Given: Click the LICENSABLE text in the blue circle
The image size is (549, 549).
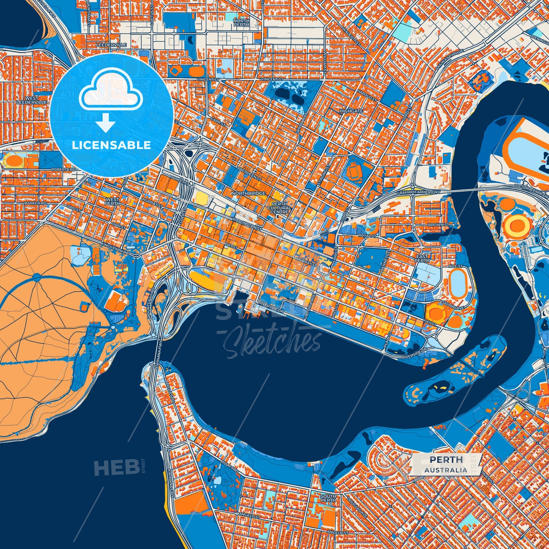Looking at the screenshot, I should click(x=111, y=145).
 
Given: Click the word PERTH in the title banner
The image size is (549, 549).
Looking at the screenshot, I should click(x=446, y=459).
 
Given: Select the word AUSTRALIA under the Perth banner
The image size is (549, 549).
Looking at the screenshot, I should click(x=446, y=470).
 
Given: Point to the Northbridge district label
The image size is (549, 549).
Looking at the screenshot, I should click(x=248, y=193).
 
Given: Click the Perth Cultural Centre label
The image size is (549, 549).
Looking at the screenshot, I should click(x=279, y=208).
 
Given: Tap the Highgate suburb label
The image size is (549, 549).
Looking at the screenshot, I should click(x=351, y=111).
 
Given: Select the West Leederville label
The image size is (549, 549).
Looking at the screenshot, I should click(x=32, y=100).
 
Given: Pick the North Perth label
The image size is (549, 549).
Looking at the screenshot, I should click(x=241, y=22).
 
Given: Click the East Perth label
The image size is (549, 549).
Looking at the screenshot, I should click(x=422, y=258).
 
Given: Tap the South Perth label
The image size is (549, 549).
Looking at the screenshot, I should click(x=328, y=498).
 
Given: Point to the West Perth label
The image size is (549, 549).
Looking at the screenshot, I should click(x=112, y=201).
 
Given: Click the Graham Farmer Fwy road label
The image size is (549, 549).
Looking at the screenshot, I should click(x=419, y=193).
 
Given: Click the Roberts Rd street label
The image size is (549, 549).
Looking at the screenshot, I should click(x=63, y=169).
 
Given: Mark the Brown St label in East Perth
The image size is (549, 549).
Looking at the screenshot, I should click(x=438, y=225).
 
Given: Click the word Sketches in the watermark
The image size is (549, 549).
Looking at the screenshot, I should click(x=272, y=342).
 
